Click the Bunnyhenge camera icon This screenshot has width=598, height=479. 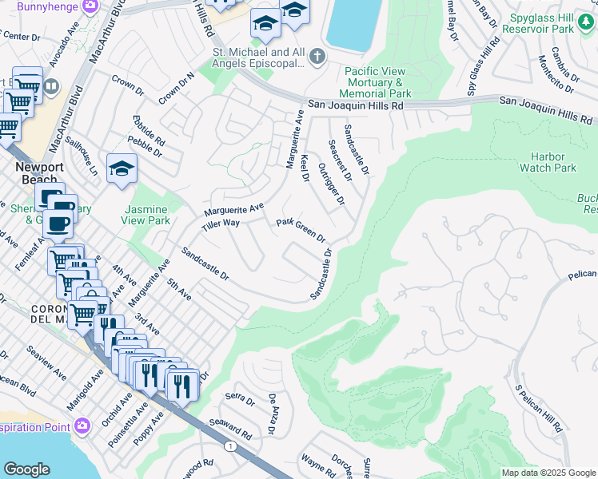point(90,6)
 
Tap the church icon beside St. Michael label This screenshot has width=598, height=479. point(317,56)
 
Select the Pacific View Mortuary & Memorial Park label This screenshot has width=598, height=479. point(377,82)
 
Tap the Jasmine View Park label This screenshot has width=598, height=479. point(147,215)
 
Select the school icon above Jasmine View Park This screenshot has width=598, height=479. point(121,168)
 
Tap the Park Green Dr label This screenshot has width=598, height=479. point(301,230)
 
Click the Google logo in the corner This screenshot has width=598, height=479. point(26,469)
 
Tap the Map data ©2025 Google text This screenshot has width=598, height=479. point(548,473)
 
